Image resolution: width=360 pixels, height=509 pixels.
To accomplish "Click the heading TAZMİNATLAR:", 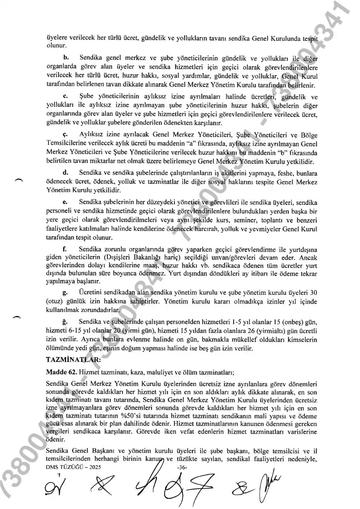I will pos(68,360).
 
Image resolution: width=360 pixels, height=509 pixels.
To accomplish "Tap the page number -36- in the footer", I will pos(182,467).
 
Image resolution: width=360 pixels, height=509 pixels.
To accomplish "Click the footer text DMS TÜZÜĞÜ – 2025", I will pos(73,467).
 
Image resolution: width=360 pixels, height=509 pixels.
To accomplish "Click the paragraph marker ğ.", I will pos(65,322).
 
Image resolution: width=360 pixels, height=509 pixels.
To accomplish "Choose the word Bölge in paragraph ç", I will pos(309,134).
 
